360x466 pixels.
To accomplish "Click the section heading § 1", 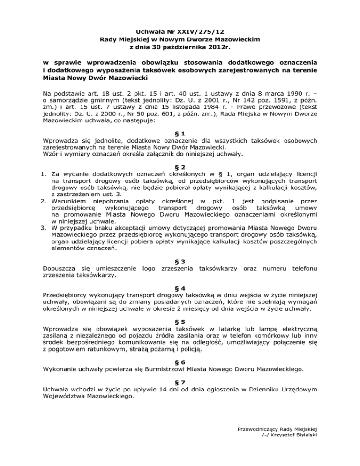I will pyautogui.click(x=180, y=132).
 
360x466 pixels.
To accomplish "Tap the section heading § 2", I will pyautogui.click(x=180, y=168).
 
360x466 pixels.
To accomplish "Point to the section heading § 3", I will pyautogui.click(x=180, y=261).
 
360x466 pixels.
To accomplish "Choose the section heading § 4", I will pyautogui.click(x=180, y=289).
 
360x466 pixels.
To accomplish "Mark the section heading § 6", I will pyautogui.click(x=180, y=362).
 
